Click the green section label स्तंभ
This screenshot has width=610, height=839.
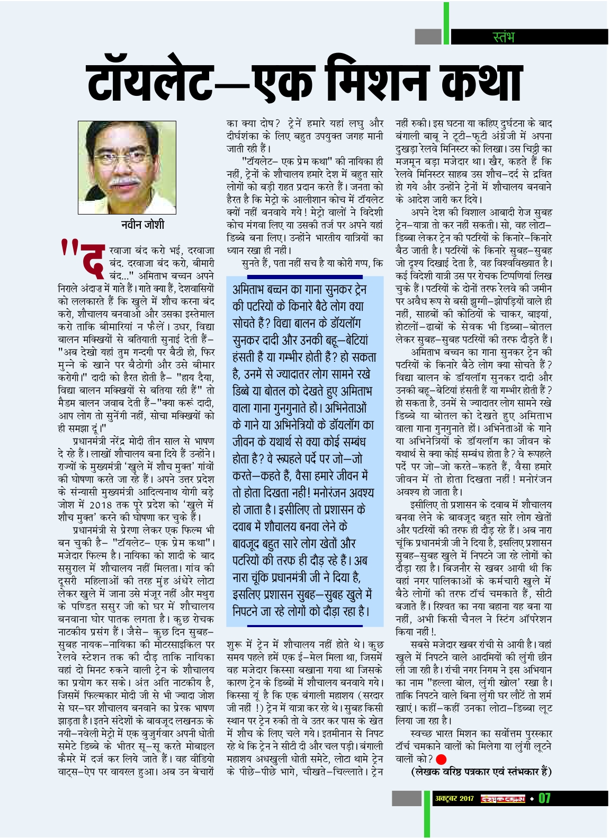point(503,37)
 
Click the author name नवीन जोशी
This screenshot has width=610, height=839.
point(142,225)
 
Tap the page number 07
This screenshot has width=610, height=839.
point(544,798)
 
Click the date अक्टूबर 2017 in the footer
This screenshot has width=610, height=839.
point(454,798)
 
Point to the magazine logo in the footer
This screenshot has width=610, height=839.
point(503,798)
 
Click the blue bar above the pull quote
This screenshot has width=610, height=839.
point(304,276)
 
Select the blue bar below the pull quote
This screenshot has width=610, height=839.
point(304,626)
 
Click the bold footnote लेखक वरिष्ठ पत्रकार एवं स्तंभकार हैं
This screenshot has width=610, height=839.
point(481,772)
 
